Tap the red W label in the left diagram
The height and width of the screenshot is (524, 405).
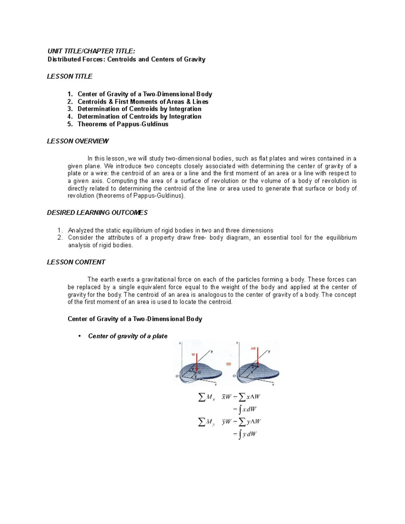pos(193,355)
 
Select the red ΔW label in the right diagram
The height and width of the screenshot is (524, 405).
pos(253,349)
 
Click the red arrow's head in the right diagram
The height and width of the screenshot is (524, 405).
pos(258,364)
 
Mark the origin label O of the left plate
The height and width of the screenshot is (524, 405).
pos(177,376)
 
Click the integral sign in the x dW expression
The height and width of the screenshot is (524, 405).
pos(240,410)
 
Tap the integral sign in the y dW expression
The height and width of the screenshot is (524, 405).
pos(240,435)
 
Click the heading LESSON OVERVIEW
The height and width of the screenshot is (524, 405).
pos(78,141)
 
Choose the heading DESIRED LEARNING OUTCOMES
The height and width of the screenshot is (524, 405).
pos(97,213)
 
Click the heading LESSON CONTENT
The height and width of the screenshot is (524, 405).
pos(76,262)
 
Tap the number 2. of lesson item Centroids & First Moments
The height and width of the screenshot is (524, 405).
pos(70,102)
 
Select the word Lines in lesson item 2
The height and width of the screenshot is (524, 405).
pos(200,102)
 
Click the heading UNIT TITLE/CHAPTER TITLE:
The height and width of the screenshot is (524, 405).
pos(91,51)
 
